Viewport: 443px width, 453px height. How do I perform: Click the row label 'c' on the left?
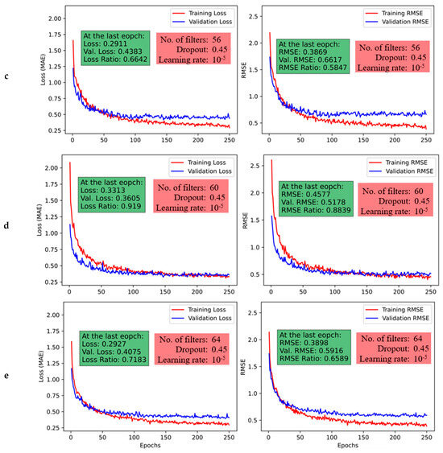click(x=6, y=76)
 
